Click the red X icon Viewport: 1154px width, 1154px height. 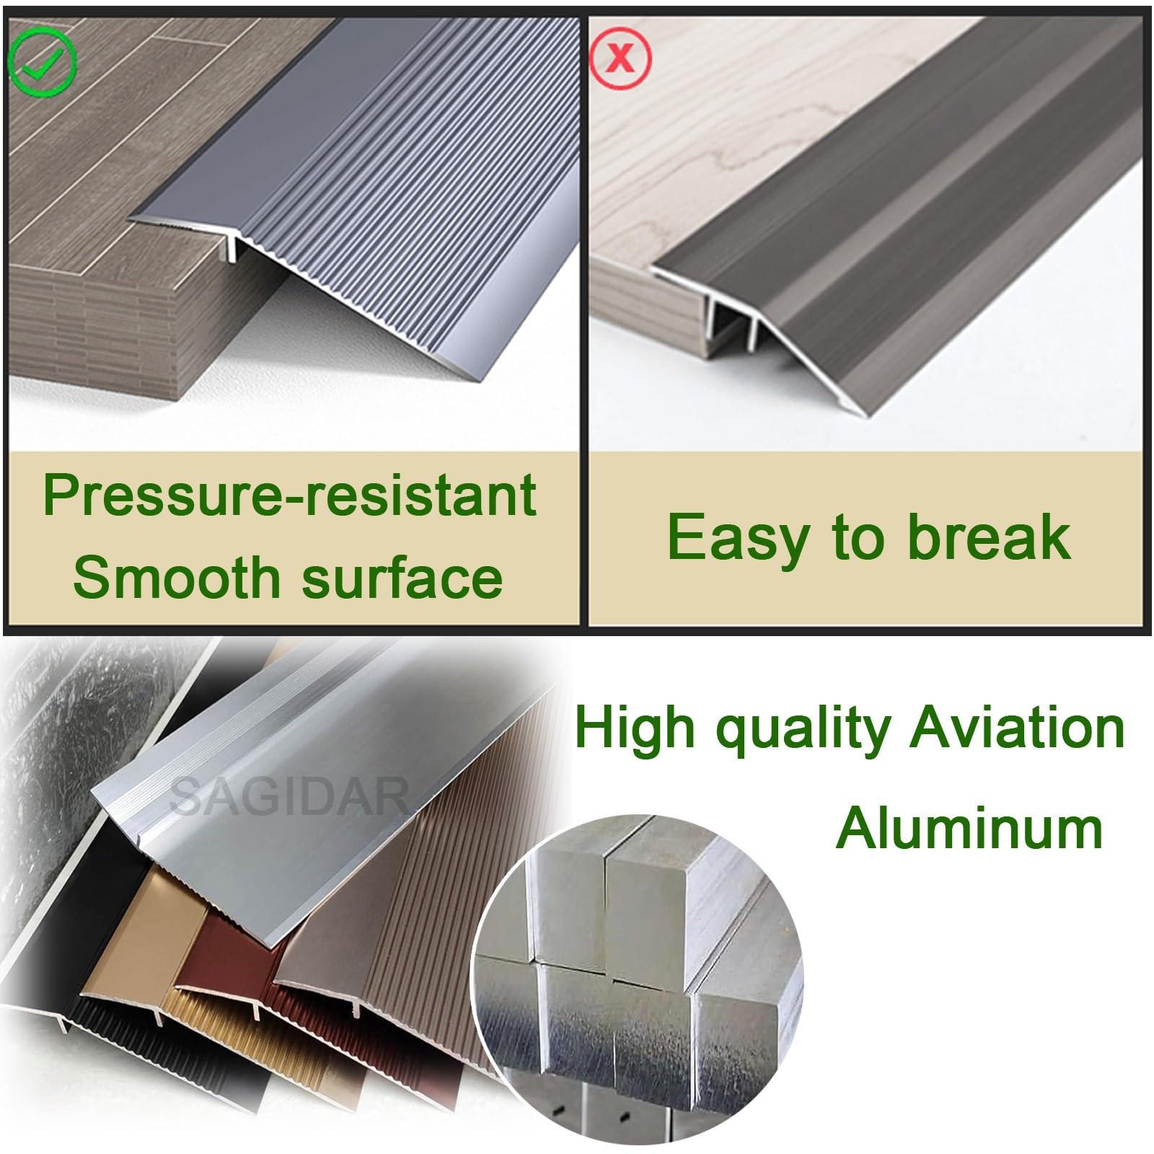click(620, 56)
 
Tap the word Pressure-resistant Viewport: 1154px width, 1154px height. click(289, 497)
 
